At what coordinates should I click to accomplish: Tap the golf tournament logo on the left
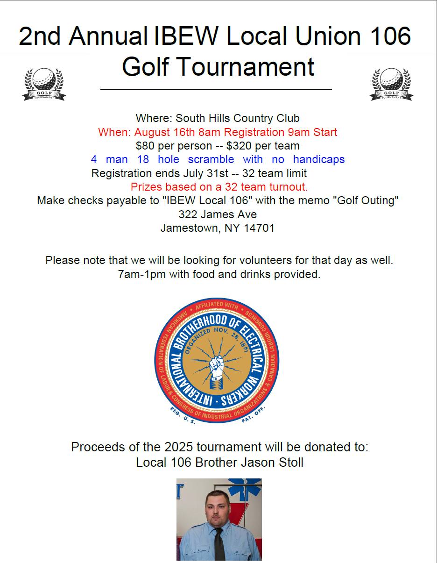click(x=44, y=84)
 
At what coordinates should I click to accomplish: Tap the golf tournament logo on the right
click(x=391, y=84)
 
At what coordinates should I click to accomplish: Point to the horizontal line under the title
click(x=216, y=89)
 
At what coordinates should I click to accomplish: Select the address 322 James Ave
click(x=218, y=214)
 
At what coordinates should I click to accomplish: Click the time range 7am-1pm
click(x=142, y=274)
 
